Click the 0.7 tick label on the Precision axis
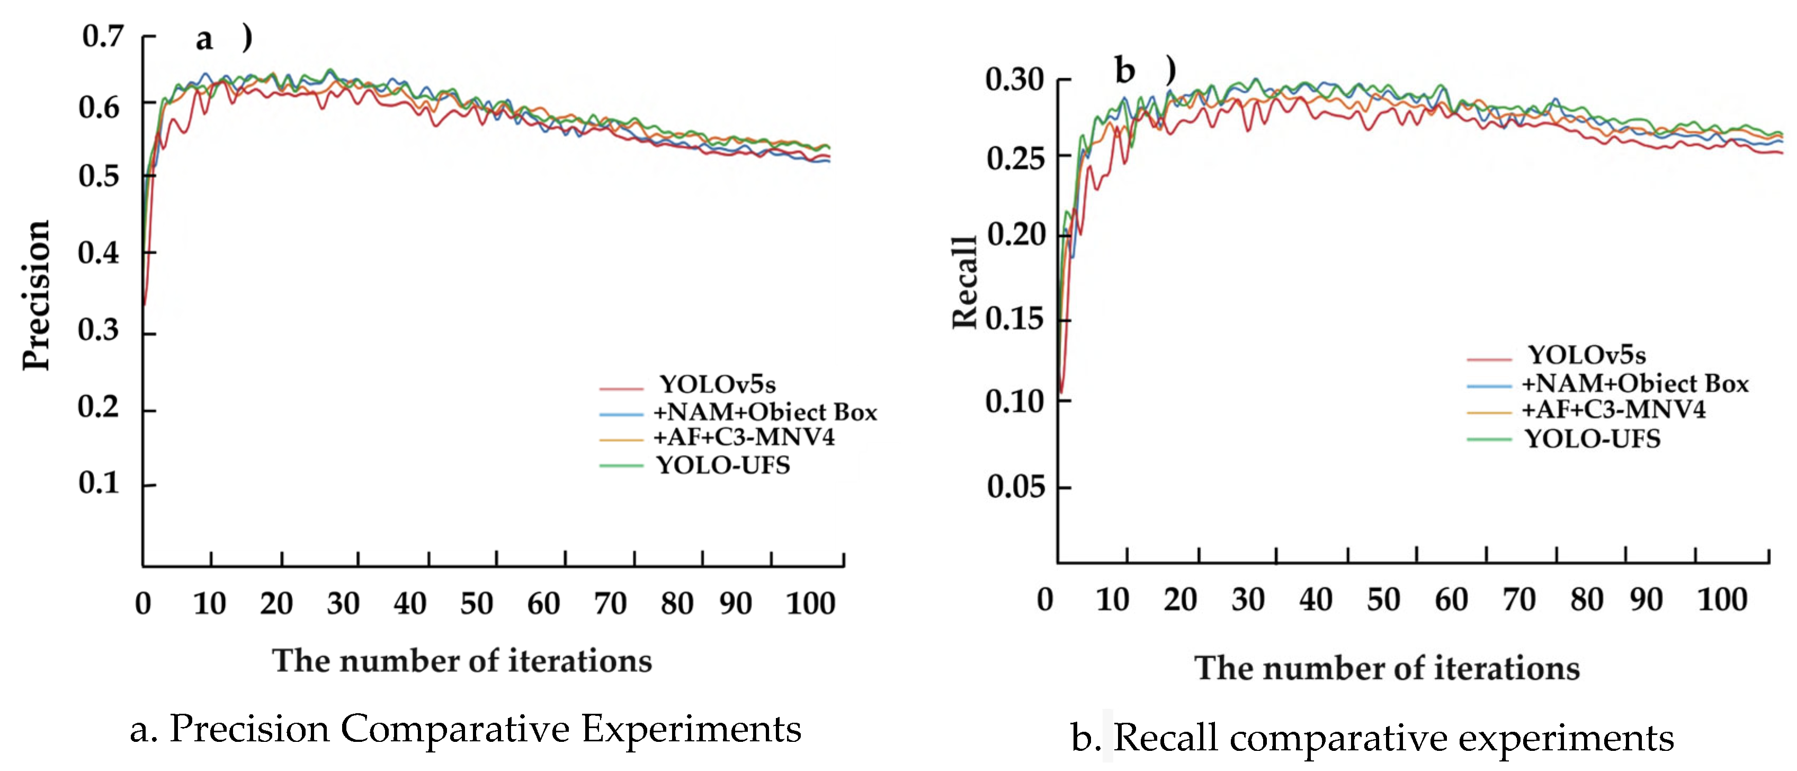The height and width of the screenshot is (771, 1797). pos(103,36)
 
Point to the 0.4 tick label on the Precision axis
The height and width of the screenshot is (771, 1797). pos(99,253)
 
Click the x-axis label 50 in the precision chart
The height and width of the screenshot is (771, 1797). pos(477,604)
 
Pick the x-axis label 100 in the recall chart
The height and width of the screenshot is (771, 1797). pos(1722,600)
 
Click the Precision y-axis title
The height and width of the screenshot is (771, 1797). pos(36,295)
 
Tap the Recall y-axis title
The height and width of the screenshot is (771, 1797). pos(965,282)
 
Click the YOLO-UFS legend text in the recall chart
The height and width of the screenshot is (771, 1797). pos(1593,439)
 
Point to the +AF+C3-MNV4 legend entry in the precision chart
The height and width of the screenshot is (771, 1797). pos(744,438)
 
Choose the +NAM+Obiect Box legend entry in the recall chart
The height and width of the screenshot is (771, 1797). pos(1635,384)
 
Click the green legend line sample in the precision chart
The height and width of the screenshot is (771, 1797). pos(621,465)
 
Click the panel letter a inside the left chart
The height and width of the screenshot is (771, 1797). pos(204,39)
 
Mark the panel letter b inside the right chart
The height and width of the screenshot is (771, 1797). pos(1124,71)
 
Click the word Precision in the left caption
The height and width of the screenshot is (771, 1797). pos(249,729)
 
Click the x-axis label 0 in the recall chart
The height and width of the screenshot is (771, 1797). pos(1044,600)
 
